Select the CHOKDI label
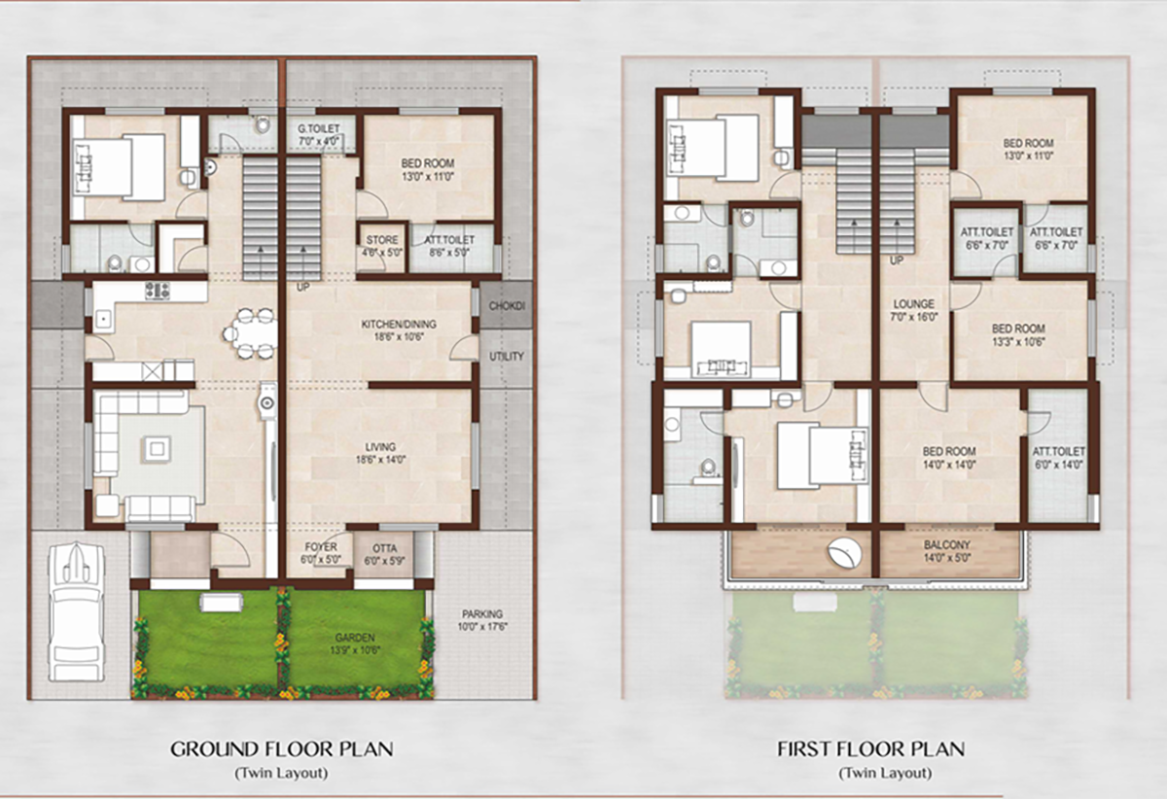(x=507, y=306)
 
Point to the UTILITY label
(x=507, y=357)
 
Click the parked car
(x=76, y=612)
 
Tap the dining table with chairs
(x=252, y=332)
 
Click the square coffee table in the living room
(x=158, y=448)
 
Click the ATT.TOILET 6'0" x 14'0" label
(x=1058, y=459)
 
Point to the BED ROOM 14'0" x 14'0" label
(x=949, y=459)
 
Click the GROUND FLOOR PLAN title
(x=282, y=749)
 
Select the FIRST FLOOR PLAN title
(x=871, y=749)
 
